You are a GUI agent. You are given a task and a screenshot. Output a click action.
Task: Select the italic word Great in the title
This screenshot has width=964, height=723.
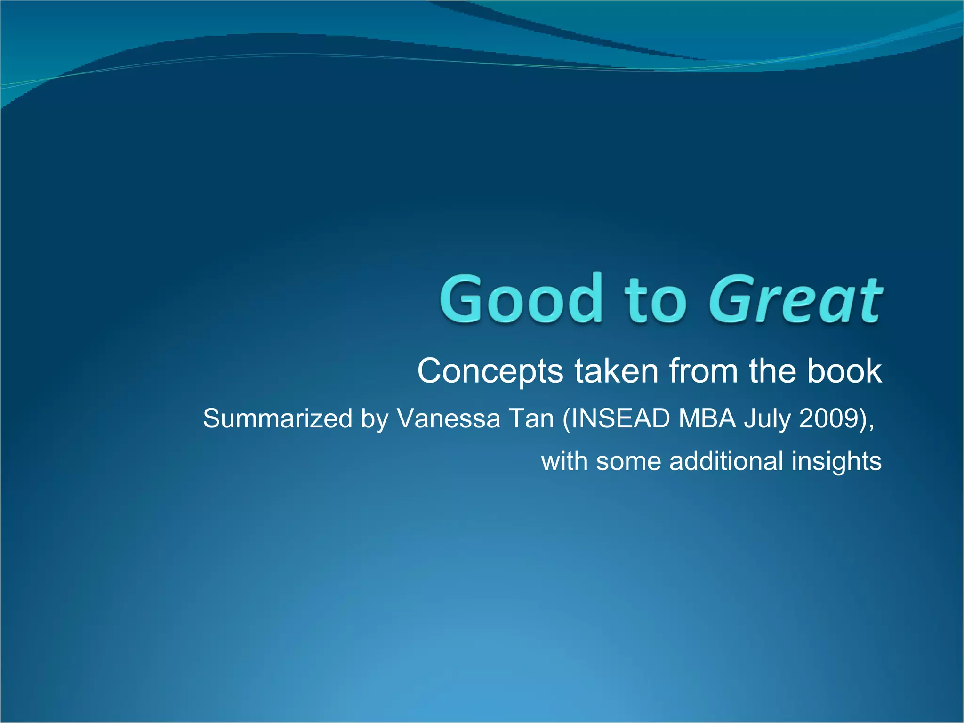795,300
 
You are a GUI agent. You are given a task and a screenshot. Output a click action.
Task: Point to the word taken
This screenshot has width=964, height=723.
616,371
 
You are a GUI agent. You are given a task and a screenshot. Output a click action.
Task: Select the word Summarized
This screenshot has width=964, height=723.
277,418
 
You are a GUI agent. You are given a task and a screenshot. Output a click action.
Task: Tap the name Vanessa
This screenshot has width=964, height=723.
448,418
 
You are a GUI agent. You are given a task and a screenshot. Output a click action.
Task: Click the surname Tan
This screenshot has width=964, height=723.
531,418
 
